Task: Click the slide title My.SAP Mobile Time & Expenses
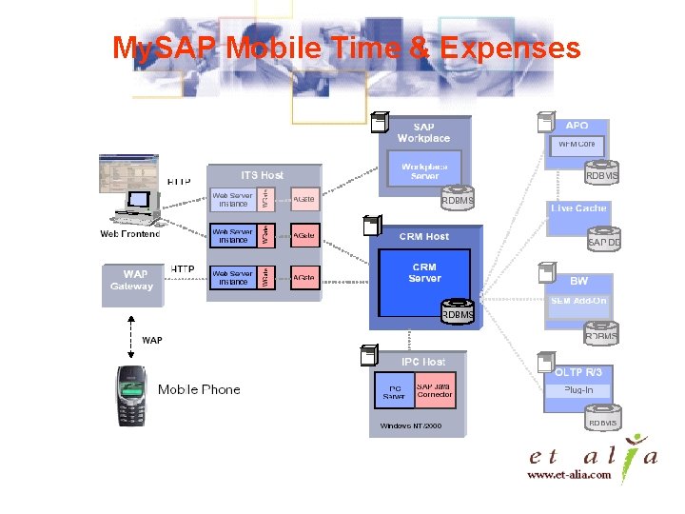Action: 346,48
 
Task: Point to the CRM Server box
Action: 424,273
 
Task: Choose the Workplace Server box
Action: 424,171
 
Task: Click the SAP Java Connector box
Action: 434,390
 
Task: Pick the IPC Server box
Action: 394,390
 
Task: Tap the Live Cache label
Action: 577,208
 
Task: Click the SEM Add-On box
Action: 577,301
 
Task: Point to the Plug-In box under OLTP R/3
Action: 577,390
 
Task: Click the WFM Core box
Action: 577,145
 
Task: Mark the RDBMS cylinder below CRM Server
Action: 457,313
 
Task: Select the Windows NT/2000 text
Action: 411,425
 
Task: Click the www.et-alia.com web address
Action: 569,476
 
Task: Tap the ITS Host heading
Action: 262,175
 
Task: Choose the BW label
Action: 578,281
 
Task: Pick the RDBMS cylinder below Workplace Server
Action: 457,200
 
